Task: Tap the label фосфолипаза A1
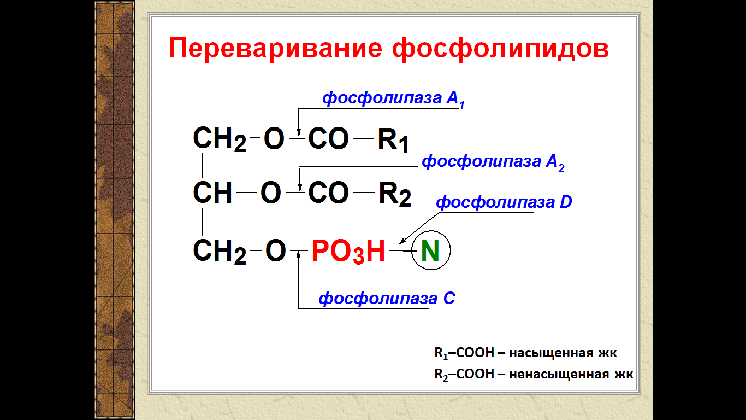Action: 393,99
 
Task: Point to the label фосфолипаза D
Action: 504,202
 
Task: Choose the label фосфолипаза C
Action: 387,299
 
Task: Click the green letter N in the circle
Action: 430,251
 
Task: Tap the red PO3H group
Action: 348,251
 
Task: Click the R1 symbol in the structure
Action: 393,140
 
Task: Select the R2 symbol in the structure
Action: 395,194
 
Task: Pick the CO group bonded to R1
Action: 328,138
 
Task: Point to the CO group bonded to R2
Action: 328,192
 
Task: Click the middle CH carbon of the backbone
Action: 212,192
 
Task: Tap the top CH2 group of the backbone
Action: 220,139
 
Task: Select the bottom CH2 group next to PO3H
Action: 220,252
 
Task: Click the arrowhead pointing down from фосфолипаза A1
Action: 299,131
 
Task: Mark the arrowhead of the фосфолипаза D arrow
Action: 402,241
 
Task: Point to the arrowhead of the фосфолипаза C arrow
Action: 298,254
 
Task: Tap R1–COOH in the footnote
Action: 464,353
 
